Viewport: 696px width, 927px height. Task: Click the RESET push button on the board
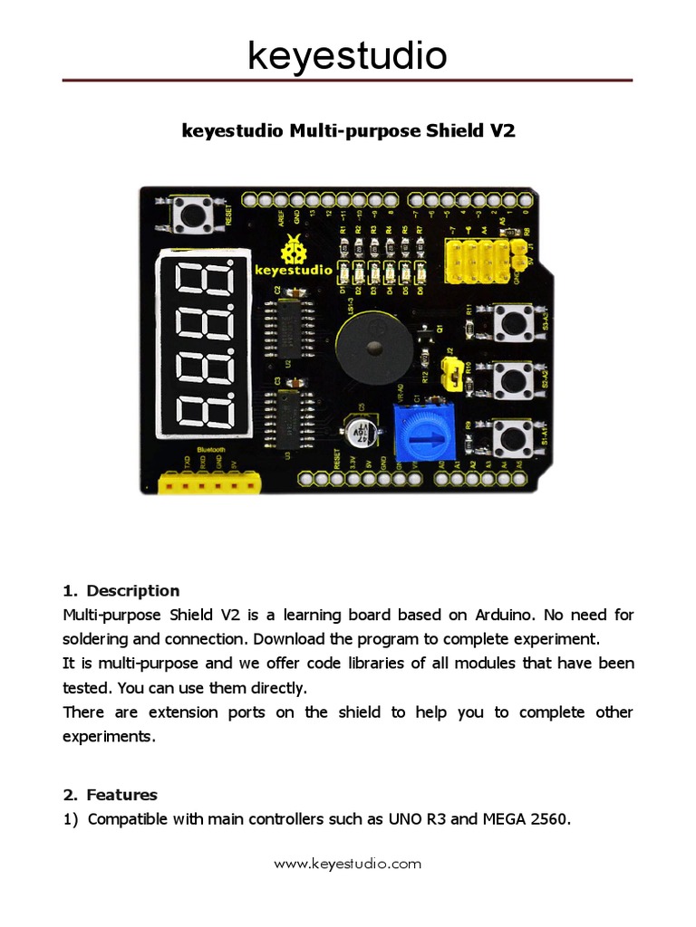[x=192, y=216]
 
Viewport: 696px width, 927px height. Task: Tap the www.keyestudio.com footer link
[x=348, y=864]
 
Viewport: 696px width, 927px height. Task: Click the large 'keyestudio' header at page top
[x=348, y=56]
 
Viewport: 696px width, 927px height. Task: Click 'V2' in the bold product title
[x=502, y=130]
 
